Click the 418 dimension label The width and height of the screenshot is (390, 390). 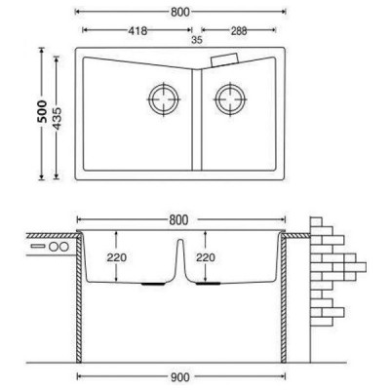pyautogui.click(x=137, y=31)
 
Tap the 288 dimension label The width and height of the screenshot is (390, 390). pyautogui.click(x=239, y=31)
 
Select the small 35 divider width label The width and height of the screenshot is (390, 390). pyautogui.click(x=197, y=40)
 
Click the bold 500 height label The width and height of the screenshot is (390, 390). pyautogui.click(x=42, y=111)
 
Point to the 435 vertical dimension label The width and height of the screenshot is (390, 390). pyautogui.click(x=57, y=118)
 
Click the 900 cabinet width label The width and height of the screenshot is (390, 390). pyautogui.click(x=179, y=377)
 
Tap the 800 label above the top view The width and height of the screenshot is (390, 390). pyautogui.click(x=179, y=12)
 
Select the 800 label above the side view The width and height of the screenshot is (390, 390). pyautogui.click(x=178, y=220)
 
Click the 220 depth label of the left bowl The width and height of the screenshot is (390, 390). pyautogui.click(x=117, y=257)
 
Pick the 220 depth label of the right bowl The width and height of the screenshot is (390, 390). pyautogui.click(x=206, y=257)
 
